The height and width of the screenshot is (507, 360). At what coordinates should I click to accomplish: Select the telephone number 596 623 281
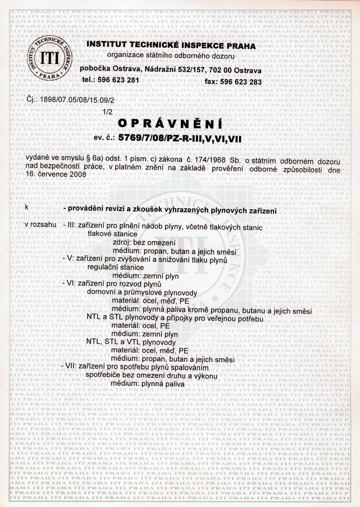[119, 80]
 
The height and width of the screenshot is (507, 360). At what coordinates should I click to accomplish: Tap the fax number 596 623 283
[241, 82]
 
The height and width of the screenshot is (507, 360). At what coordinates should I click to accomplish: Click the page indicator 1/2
[108, 112]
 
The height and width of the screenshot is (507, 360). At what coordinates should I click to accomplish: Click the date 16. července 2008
[56, 174]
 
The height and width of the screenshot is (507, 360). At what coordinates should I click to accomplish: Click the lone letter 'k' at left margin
[27, 207]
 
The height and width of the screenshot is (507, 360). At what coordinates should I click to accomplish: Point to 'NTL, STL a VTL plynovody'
[131, 343]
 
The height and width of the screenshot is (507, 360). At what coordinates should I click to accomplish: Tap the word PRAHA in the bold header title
[241, 46]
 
